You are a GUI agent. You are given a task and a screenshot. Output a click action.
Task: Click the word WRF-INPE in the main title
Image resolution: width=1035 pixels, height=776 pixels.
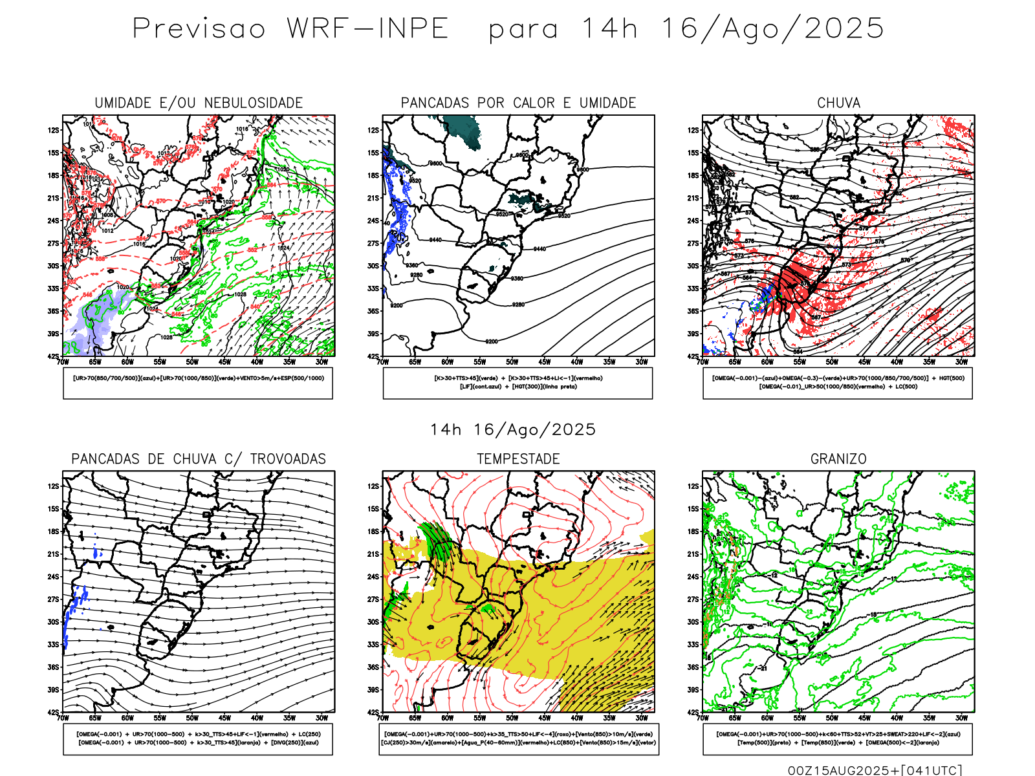(x=367, y=29)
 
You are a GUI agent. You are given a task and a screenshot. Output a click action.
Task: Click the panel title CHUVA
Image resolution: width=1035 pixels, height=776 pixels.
(x=838, y=103)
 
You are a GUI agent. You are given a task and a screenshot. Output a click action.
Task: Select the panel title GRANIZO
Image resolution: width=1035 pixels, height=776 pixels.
(x=838, y=459)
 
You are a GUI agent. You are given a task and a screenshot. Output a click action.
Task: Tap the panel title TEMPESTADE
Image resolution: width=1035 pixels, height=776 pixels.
(x=518, y=459)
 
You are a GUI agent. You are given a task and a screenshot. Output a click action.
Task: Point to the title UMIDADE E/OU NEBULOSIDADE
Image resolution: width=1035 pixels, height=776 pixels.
(x=199, y=103)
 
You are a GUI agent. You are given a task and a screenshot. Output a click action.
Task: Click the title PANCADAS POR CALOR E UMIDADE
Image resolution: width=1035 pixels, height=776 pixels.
(x=518, y=103)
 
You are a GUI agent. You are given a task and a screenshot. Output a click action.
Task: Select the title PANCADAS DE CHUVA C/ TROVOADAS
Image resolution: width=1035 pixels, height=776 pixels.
(x=199, y=459)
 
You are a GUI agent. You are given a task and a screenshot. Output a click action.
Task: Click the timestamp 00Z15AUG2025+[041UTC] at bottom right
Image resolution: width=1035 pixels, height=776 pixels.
(x=875, y=770)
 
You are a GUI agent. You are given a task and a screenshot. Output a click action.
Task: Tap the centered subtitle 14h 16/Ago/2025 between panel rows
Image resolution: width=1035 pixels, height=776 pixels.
(x=513, y=430)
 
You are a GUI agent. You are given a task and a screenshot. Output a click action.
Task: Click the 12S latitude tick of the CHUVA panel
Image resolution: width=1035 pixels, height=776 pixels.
(x=693, y=131)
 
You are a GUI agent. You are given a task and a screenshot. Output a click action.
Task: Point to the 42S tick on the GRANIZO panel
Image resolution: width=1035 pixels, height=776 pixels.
(x=693, y=713)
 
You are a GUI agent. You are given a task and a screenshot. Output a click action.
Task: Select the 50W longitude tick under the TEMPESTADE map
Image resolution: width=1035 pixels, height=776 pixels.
(x=512, y=718)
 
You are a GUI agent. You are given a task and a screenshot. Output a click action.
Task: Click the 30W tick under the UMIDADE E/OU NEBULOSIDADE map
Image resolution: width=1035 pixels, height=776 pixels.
(x=321, y=362)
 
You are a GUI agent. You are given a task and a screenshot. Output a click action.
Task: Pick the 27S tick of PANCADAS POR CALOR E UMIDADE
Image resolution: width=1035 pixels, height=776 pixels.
(x=373, y=244)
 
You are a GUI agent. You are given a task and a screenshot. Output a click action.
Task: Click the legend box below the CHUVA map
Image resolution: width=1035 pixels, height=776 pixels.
(x=838, y=383)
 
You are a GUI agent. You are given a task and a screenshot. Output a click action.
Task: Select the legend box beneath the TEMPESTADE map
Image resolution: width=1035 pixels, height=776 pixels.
(x=518, y=738)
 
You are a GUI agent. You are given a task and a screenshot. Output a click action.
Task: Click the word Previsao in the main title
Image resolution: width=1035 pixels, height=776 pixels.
(x=199, y=29)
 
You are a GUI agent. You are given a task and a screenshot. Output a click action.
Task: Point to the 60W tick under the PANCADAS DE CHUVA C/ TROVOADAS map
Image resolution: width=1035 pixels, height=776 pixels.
(x=127, y=718)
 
